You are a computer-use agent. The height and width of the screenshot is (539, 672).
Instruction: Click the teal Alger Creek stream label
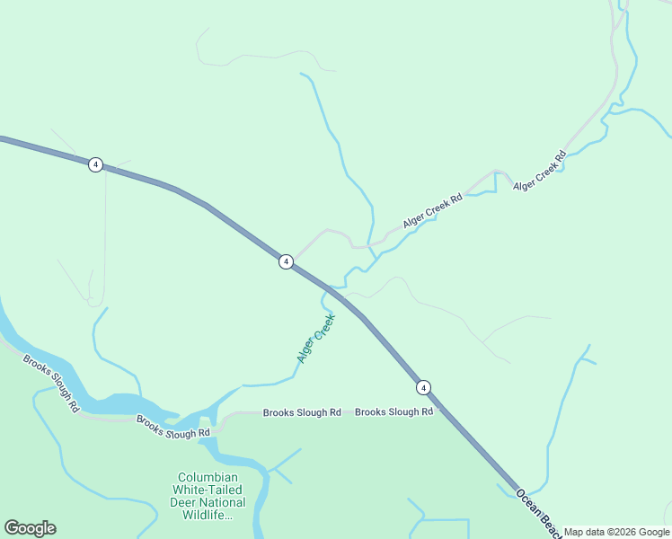pyautogui.click(x=316, y=338)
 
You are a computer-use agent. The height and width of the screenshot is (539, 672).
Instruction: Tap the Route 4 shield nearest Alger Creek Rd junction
pyautogui.click(x=286, y=261)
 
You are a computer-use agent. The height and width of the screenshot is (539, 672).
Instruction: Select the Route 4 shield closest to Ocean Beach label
pyautogui.click(x=423, y=387)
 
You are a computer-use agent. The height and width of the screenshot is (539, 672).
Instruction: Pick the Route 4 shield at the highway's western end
pyautogui.click(x=95, y=164)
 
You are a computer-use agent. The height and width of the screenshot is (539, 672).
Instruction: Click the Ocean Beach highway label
pyautogui.click(x=539, y=513)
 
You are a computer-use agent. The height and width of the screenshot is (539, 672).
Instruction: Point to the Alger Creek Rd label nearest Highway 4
pyautogui.click(x=432, y=209)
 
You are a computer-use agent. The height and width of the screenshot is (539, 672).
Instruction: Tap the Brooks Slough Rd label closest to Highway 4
pyautogui.click(x=393, y=411)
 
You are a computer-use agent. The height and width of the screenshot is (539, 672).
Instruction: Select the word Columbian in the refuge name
pyautogui.click(x=208, y=478)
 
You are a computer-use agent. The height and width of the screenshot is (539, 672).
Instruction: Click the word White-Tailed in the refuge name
pyautogui.click(x=208, y=490)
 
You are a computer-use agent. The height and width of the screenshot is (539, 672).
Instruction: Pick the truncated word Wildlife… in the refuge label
pyautogui.click(x=208, y=516)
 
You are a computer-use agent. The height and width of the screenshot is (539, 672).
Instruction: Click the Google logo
pyautogui.click(x=30, y=528)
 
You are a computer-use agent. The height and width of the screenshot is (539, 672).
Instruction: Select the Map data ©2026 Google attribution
pyautogui.click(x=617, y=532)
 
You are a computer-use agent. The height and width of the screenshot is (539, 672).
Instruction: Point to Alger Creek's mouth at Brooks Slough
pyautogui.click(x=241, y=387)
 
